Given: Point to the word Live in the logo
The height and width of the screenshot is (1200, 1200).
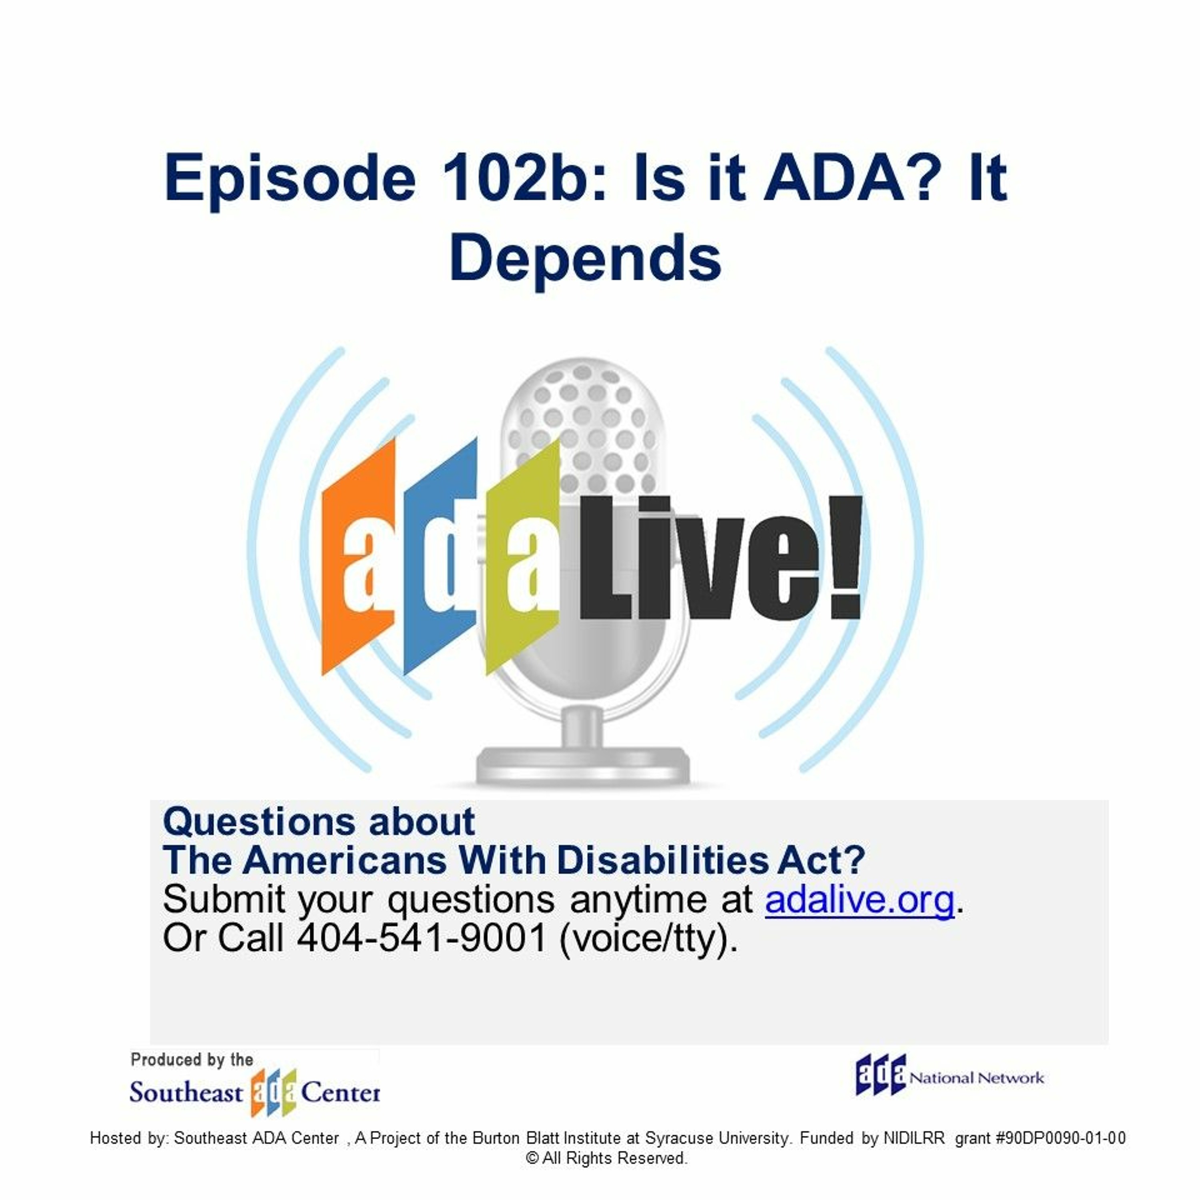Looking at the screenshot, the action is tap(702, 558).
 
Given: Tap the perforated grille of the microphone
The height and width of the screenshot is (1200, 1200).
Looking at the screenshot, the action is tap(582, 428).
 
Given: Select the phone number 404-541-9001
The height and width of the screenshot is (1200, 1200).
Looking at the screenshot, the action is tap(422, 938).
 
